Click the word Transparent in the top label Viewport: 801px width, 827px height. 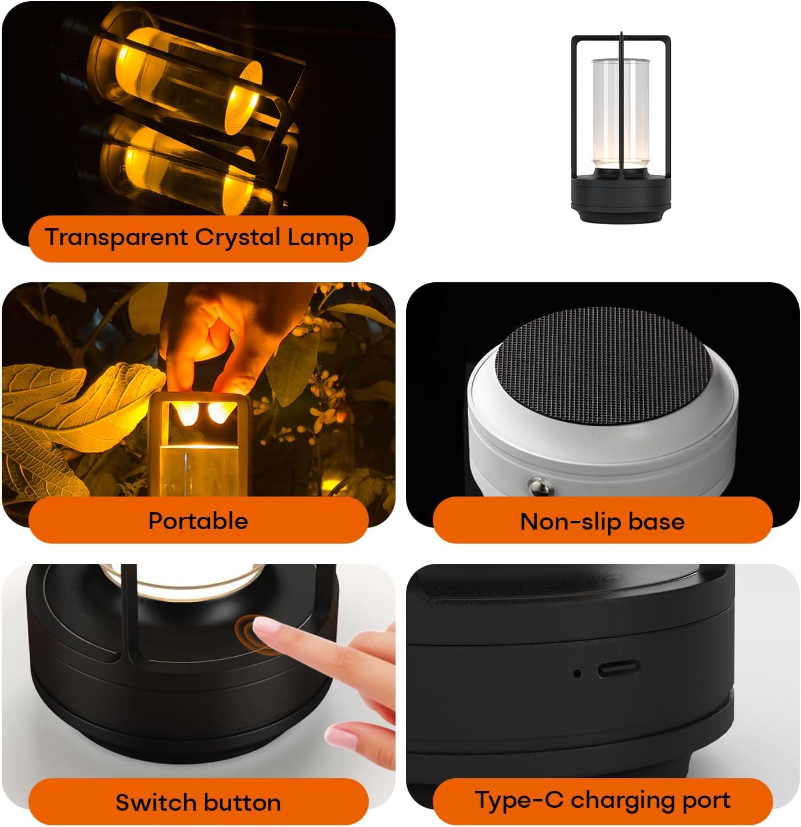[x=117, y=238]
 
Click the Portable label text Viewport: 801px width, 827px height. [x=198, y=521]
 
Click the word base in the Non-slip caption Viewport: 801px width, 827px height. [x=656, y=522]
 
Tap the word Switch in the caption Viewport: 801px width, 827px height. [x=150, y=803]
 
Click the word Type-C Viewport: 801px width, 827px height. [x=519, y=800]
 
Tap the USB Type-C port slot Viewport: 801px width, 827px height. [x=619, y=669]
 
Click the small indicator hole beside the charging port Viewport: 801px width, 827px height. [x=577, y=674]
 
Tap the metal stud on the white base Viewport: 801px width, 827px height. [x=537, y=487]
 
